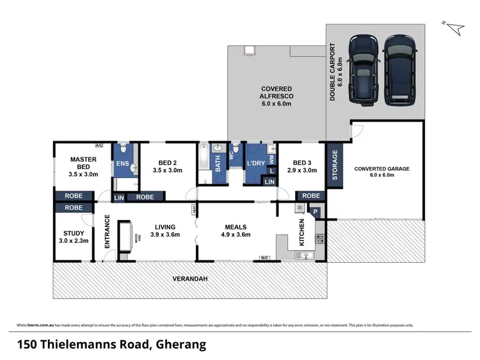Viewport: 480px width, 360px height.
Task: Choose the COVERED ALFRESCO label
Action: [276, 96]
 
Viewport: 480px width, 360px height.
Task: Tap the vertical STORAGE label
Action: [334, 166]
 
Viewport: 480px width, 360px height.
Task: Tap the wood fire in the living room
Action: [127, 237]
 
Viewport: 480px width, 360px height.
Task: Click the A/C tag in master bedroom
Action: [99, 145]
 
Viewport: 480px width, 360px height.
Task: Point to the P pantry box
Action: [315, 212]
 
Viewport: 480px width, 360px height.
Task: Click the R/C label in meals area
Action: [264, 258]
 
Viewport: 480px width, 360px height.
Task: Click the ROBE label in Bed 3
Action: [310, 195]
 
